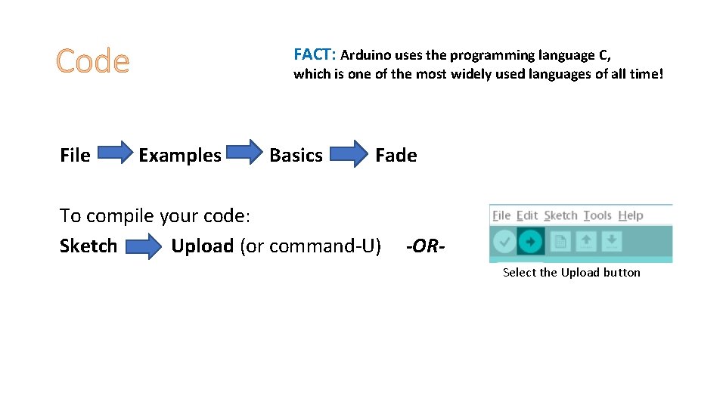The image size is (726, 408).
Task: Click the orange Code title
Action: coord(92,61)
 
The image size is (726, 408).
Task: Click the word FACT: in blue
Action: coord(315,54)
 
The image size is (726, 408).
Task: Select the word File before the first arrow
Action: coord(75,156)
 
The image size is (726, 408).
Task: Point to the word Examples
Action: coord(180,156)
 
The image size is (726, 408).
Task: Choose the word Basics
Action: coord(296,156)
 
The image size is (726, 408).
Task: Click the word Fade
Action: coord(396,156)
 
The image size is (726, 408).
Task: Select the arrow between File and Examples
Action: coord(115,154)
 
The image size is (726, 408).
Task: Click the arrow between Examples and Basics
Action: coord(246,154)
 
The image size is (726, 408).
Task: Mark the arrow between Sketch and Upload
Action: coord(144,246)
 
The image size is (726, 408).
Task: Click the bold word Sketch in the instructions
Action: coord(88,246)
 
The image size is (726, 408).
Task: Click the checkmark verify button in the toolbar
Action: coord(503,242)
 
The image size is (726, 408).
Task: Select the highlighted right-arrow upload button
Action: coord(531,242)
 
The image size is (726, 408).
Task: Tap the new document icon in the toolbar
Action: coord(560,242)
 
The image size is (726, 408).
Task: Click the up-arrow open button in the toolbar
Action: coord(586,242)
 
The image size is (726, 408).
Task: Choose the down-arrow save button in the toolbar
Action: coord(612,242)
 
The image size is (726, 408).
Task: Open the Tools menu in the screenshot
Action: coord(597,215)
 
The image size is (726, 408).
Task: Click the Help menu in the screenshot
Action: coord(631,215)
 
